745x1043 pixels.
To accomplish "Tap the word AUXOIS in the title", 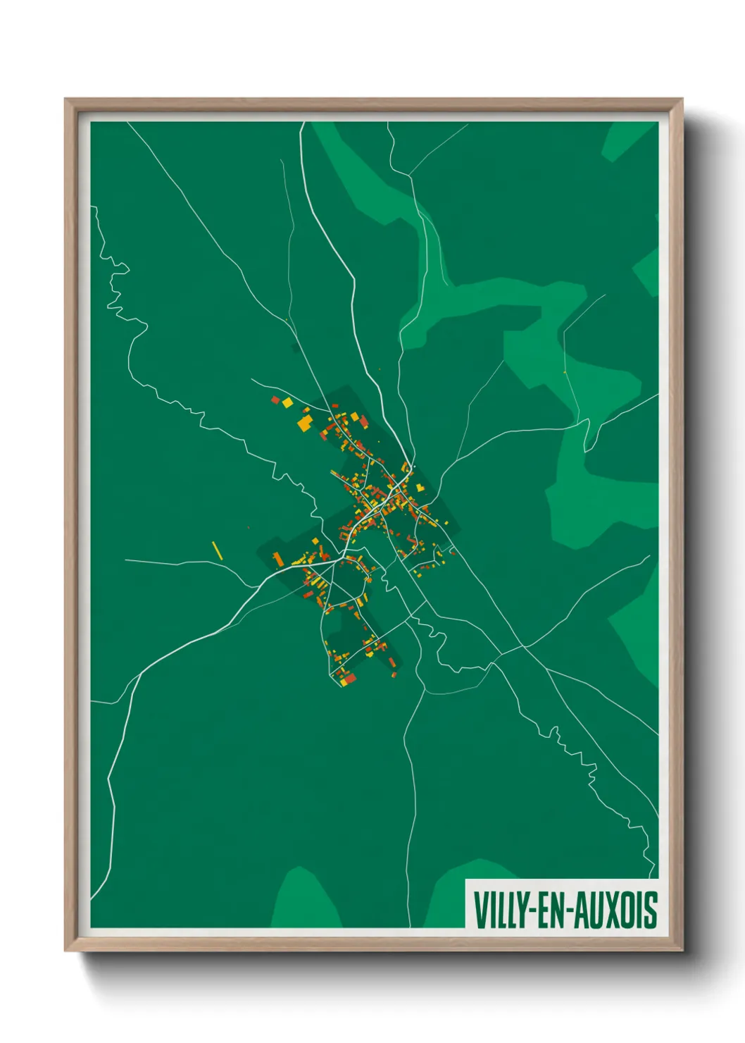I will click(617, 911).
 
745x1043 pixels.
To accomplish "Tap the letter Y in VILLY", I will click(520, 911).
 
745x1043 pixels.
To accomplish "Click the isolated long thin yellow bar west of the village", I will click(218, 550).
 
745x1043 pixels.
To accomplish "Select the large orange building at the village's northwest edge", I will click(305, 423).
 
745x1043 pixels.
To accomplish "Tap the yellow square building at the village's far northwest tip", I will click(287, 403).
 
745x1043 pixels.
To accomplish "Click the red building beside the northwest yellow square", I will click(276, 400).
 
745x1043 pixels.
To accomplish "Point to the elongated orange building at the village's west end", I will click(277, 559).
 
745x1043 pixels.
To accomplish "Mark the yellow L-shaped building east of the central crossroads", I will click(420, 487).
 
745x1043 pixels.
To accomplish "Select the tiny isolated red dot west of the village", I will click(249, 526).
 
